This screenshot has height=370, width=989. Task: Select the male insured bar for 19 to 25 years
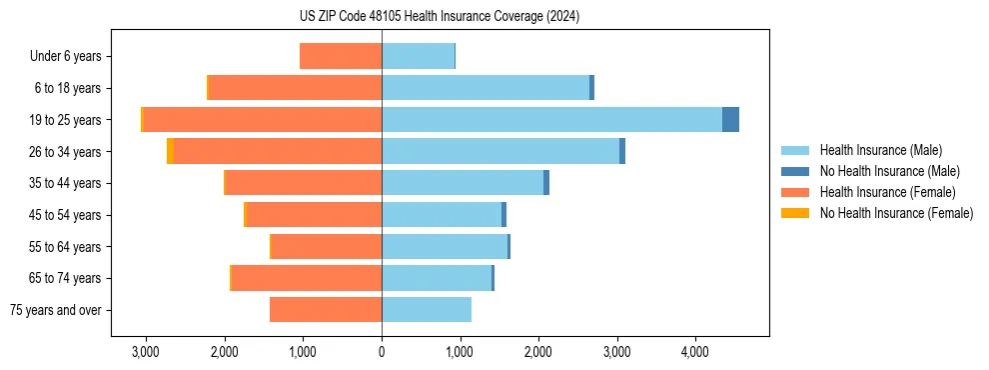point(551,119)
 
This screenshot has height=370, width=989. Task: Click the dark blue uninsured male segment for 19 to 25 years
point(730,119)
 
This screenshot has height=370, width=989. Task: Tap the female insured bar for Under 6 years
point(341,56)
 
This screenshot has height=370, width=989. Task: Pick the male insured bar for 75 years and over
point(427,310)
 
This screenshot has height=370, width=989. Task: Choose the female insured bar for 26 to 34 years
point(278,151)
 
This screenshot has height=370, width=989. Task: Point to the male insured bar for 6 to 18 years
point(486,88)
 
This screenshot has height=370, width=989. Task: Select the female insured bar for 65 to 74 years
point(307,278)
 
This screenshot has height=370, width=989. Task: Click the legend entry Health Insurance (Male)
point(879,150)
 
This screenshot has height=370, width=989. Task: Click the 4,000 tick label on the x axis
point(695,352)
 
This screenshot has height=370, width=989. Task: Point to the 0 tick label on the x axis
point(382,352)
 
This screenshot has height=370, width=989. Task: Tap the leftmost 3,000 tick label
point(146,352)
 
